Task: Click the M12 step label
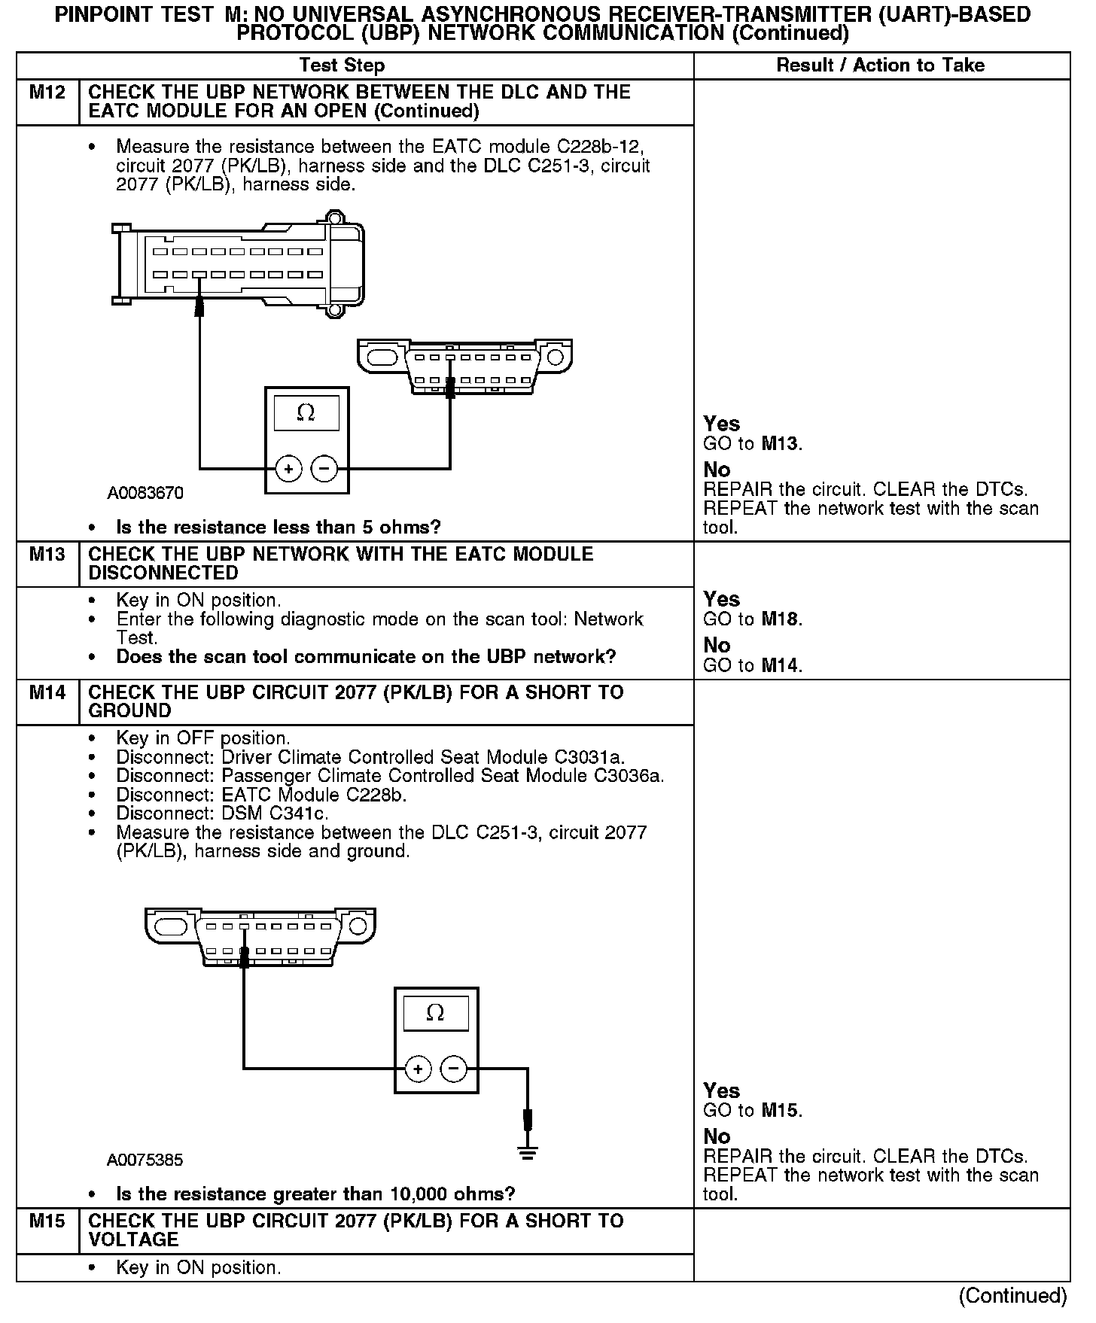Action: (47, 93)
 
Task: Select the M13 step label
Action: (47, 555)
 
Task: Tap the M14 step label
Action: (47, 692)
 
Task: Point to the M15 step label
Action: (47, 1221)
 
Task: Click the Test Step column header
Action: (342, 65)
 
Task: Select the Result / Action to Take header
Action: (880, 65)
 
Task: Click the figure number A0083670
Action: (145, 494)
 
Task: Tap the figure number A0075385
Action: (145, 1160)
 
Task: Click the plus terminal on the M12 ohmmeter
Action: (288, 469)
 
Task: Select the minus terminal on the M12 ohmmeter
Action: (324, 469)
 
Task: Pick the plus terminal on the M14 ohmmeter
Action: (418, 1069)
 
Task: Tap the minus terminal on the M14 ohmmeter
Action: (453, 1069)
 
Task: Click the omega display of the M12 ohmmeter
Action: (306, 413)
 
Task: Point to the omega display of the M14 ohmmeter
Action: (435, 1013)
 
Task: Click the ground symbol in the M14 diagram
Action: (528, 1152)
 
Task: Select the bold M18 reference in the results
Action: (781, 619)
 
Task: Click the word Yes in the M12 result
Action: (721, 424)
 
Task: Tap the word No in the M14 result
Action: (717, 1136)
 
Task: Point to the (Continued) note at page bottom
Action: (1012, 1296)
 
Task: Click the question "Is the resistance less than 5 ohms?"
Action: (279, 527)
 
